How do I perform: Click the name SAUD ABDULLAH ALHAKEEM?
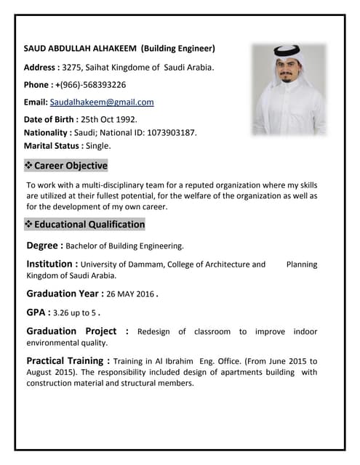pyautogui.click(x=80, y=49)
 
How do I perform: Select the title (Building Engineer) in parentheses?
pyautogui.click(x=178, y=49)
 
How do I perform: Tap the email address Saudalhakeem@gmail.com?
pyautogui.click(x=102, y=102)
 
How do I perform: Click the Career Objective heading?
pyautogui.click(x=71, y=166)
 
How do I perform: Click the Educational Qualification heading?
pyautogui.click(x=89, y=225)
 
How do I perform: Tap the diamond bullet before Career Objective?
pyautogui.click(x=29, y=166)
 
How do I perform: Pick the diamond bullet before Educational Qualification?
pyautogui.click(x=29, y=225)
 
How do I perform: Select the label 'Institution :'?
pyautogui.click(x=52, y=264)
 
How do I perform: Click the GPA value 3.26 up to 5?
pyautogui.click(x=75, y=313)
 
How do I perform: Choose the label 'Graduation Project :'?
pyautogui.click(x=77, y=331)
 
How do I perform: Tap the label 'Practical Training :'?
pyautogui.click(x=68, y=360)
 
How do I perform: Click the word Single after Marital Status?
pyautogui.click(x=98, y=146)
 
